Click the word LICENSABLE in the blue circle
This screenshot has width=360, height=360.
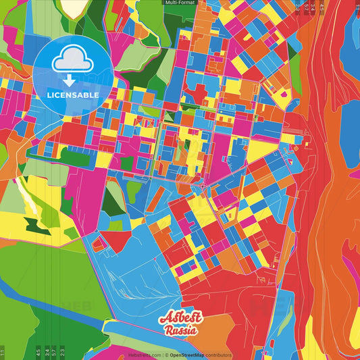pyautogui.click(x=73, y=95)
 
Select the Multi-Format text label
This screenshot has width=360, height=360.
pyautogui.click(x=180, y=3)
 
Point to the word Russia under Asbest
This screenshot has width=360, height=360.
pyautogui.click(x=180, y=330)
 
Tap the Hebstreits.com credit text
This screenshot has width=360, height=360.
pyautogui.click(x=145, y=355)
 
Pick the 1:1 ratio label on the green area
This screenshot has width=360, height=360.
pyautogui.click(x=3, y=352)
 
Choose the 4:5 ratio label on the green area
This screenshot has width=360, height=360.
pyautogui.click(x=38, y=352)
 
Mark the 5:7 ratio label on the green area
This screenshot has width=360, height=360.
pyautogui.click(x=55, y=352)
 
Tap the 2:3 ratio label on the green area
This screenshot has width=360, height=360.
pyautogui.click(x=63, y=352)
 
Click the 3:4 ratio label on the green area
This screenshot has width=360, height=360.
pyautogui.click(x=47, y=352)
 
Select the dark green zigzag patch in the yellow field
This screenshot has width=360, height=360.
pyautogui.click(x=33, y=224)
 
